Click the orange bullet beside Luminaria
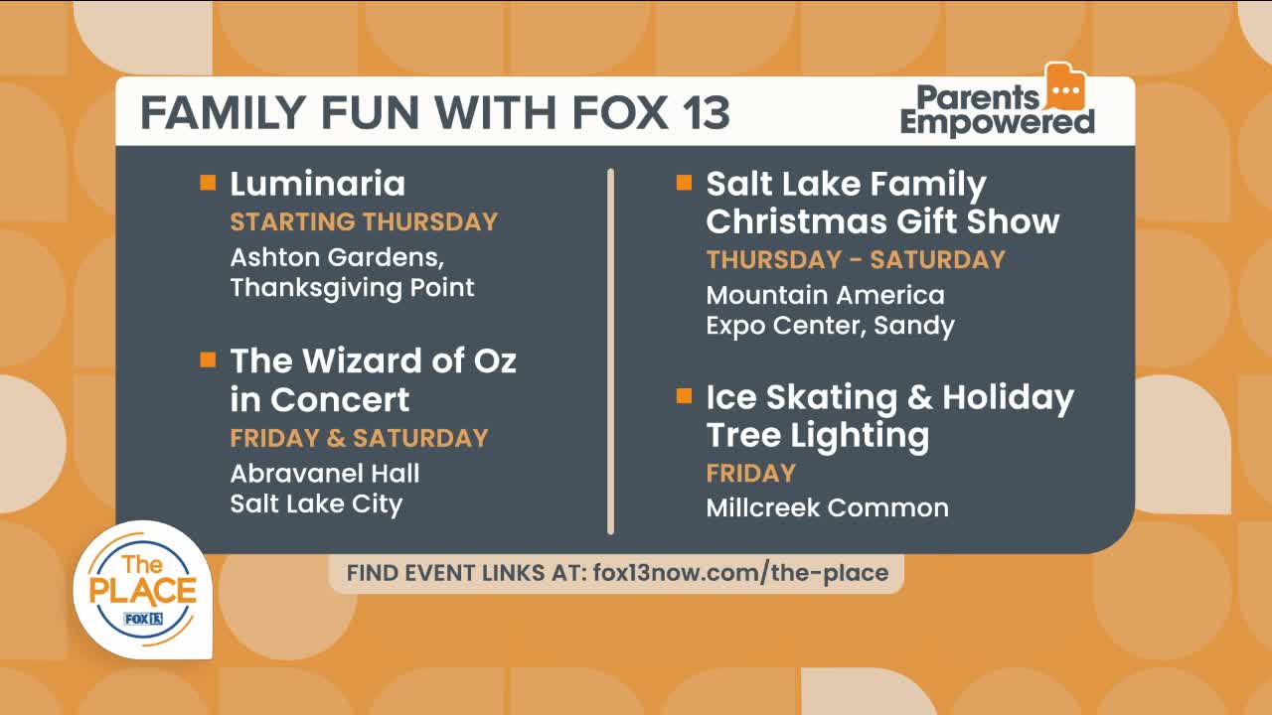coord(208,183)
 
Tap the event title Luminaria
coord(317,184)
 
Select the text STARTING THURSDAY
coord(364,221)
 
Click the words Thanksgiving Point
coord(352,288)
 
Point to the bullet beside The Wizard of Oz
coord(208,359)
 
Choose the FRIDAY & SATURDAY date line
coord(359,438)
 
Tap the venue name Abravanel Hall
coord(325,474)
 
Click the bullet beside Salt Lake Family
coord(685,183)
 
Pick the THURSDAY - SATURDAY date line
coord(856,260)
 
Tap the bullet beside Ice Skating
coord(685,395)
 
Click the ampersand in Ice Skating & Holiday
coord(920,397)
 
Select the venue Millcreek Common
coord(828,507)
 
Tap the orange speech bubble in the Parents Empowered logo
coord(1065,88)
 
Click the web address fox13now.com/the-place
coord(740,573)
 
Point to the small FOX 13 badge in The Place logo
coord(143,619)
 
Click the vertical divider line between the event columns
coord(610,352)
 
